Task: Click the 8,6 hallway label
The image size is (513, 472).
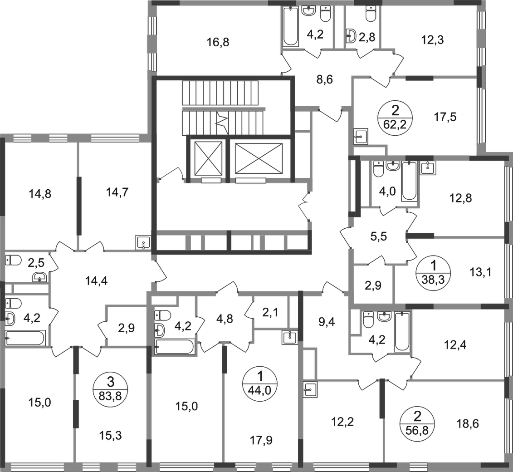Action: (x=325, y=80)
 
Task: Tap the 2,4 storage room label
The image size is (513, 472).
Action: (x=271, y=312)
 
